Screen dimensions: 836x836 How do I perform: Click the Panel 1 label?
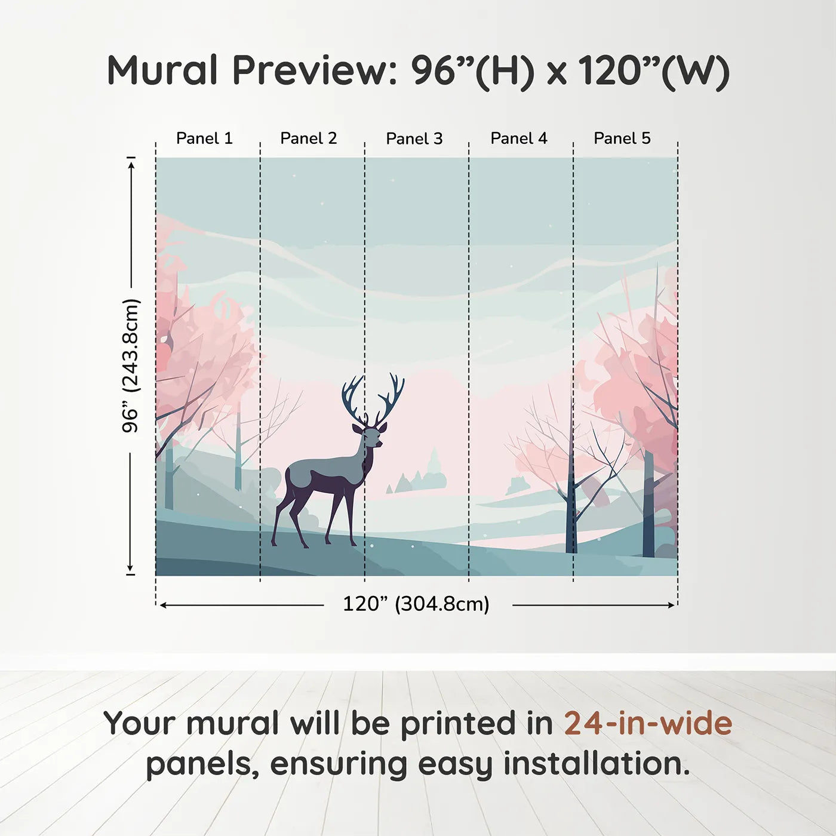(204, 138)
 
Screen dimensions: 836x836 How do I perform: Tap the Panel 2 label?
(309, 138)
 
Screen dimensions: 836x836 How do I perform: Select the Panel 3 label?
(414, 139)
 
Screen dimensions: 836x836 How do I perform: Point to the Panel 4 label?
(519, 138)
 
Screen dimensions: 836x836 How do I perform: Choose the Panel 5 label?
(622, 138)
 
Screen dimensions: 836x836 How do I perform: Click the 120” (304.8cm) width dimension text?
(416, 604)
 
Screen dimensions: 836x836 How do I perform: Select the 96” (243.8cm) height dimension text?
(131, 365)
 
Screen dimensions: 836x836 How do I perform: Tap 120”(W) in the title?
(654, 70)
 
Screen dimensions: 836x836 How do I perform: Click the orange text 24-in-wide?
(648, 724)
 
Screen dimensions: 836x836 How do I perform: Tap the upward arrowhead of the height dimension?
(131, 162)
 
